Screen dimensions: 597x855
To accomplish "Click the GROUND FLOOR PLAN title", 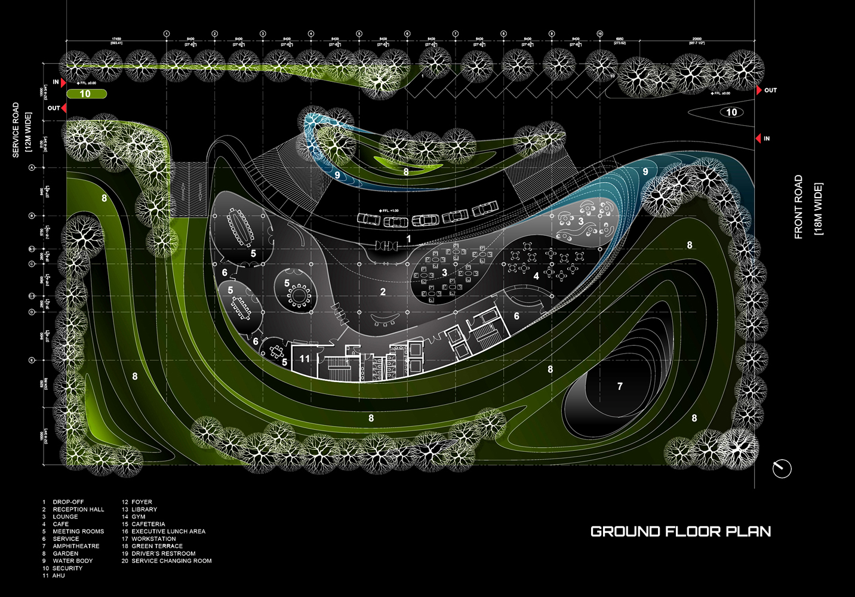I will pyautogui.click(x=680, y=531).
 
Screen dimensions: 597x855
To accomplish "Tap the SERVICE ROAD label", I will pyautogui.click(x=16, y=130).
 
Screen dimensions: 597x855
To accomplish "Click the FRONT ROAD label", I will pyautogui.click(x=798, y=207).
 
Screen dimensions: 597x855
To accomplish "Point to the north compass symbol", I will pyautogui.click(x=782, y=469).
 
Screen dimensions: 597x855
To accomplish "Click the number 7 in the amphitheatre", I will pyautogui.click(x=620, y=386).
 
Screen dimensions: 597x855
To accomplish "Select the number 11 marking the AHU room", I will pyautogui.click(x=305, y=359).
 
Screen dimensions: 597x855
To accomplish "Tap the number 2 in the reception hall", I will pyautogui.click(x=383, y=292).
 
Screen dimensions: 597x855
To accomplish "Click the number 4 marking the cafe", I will pyautogui.click(x=536, y=276).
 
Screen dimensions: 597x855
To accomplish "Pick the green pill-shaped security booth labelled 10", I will pyautogui.click(x=86, y=94).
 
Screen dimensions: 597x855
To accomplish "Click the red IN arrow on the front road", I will pyautogui.click(x=758, y=139).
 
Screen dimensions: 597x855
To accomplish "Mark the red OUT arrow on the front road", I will pyautogui.click(x=759, y=90).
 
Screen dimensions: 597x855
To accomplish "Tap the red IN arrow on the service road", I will pyautogui.click(x=63, y=82).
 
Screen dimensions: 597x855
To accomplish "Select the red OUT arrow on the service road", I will pyautogui.click(x=63, y=108).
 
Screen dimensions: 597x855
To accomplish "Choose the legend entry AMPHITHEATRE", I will pyautogui.click(x=76, y=546).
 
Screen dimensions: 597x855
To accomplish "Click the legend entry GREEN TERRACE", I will pyautogui.click(x=157, y=546).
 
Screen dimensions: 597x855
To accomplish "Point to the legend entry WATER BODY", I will pyautogui.click(x=72, y=561).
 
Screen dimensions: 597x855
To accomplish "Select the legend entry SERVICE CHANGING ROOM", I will pyautogui.click(x=171, y=561).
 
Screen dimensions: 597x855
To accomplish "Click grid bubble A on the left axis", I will pyautogui.click(x=32, y=168).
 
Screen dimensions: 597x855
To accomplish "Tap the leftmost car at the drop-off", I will pyautogui.click(x=368, y=219).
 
